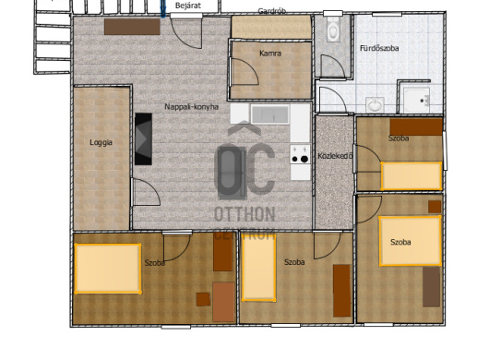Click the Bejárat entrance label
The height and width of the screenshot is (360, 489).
pyautogui.click(x=188, y=6)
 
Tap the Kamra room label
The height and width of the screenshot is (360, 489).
pyautogui.click(x=270, y=54)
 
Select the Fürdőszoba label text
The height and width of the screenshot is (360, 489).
pyautogui.click(x=379, y=48)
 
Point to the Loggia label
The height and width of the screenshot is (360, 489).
pyautogui.click(x=101, y=142)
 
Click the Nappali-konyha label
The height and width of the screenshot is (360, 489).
pyautogui.click(x=192, y=107)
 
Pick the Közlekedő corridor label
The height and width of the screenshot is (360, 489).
pyautogui.click(x=335, y=156)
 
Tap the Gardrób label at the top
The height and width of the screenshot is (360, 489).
pyautogui.click(x=272, y=11)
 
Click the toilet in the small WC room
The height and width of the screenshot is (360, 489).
pyautogui.click(x=333, y=29)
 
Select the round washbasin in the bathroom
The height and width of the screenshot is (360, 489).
pyautogui.click(x=376, y=104)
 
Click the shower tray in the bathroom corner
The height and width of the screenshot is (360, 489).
pyautogui.click(x=417, y=100)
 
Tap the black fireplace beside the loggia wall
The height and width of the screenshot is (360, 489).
pyautogui.click(x=143, y=138)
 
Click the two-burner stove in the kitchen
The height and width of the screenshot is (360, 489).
pyautogui.click(x=300, y=154)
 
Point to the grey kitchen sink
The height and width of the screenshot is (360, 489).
pyautogui.click(x=270, y=114)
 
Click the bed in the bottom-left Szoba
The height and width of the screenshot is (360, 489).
pyautogui.click(x=108, y=269)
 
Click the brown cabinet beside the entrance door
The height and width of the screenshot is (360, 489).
pyautogui.click(x=132, y=27)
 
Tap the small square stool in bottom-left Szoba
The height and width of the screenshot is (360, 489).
pyautogui.click(x=203, y=299)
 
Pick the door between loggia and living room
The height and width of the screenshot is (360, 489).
pyautogui.click(x=146, y=192)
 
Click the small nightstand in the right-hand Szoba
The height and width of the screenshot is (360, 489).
pyautogui.click(x=435, y=207)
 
